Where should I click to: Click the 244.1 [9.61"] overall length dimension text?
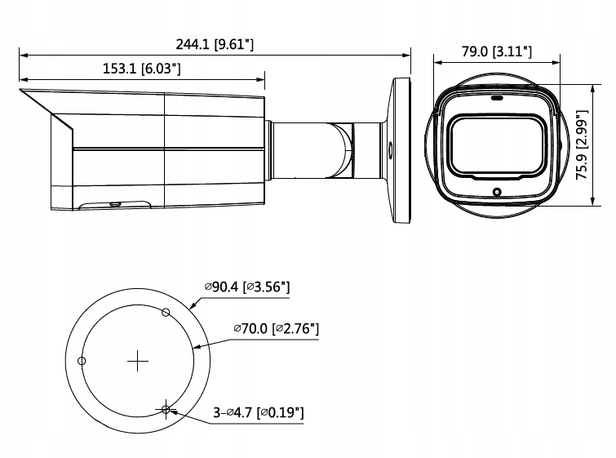coord(215,44)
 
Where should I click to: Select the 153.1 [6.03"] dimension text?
coord(141,69)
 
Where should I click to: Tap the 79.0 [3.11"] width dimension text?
coord(496,51)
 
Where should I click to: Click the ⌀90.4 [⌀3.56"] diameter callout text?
coord(247,287)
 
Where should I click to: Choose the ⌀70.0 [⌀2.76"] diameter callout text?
coord(275,328)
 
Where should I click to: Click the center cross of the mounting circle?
coord(139,360)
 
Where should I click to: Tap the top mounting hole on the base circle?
coord(166,312)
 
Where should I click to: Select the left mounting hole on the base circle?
coord(82,361)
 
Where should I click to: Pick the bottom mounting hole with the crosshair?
coord(166,409)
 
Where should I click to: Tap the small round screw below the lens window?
coord(497,193)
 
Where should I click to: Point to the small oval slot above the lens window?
coord(497,97)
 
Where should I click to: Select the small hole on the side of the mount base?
coord(389,149)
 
